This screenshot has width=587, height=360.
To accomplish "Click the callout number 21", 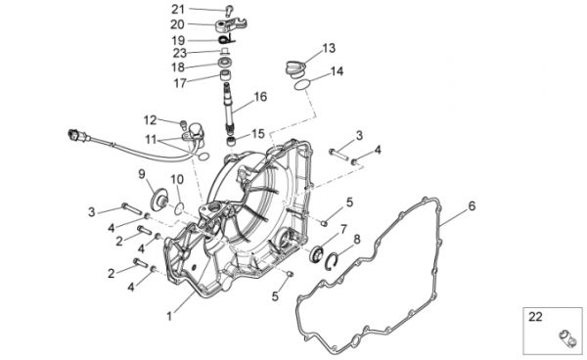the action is click(178, 10).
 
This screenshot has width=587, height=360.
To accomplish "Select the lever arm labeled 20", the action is click(231, 25).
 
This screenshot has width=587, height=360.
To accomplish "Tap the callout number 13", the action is click(329, 48).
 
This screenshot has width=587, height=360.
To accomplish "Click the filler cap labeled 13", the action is click(296, 68).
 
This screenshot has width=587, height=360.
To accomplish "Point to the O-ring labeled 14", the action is click(302, 84).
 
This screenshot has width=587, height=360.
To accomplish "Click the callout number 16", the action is click(260, 97).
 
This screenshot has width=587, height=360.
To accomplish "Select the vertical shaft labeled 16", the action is click(229, 107).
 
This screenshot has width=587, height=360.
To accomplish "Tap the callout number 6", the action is click(472, 205).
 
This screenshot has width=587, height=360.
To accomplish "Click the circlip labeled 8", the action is click(332, 261).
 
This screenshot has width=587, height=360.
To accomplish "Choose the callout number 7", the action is click(343, 229).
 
